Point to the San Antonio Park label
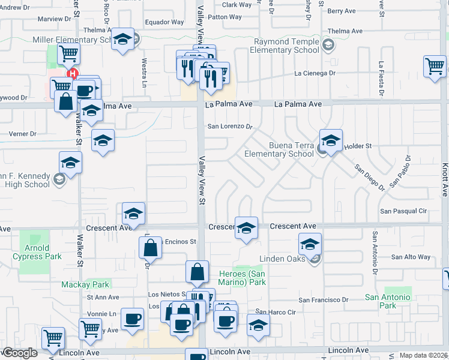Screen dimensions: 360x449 388,301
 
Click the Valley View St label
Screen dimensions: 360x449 202,181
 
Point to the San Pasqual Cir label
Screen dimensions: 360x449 404,211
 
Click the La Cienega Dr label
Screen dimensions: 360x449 314,73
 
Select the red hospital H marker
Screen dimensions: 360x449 73,74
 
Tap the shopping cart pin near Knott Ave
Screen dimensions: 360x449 435,66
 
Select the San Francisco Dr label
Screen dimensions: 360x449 324,300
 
